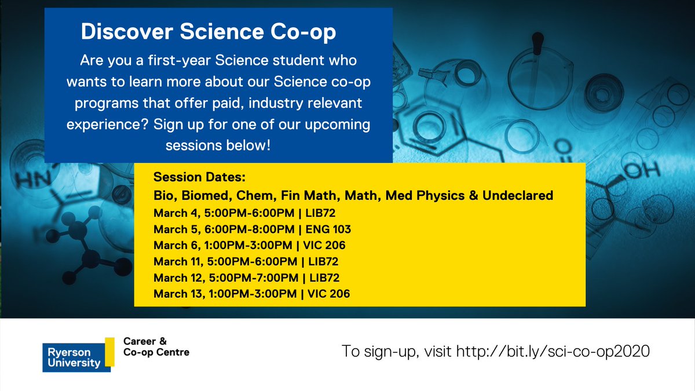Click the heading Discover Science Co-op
click(x=209, y=32)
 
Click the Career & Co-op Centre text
click(x=156, y=346)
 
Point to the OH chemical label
click(x=643, y=171)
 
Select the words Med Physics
click(x=428, y=196)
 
